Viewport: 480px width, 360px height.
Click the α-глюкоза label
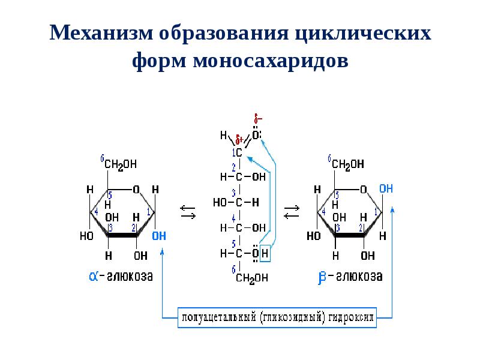(x=121, y=277)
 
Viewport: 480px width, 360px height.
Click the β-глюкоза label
(x=350, y=277)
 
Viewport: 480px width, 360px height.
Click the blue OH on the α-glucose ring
(x=159, y=236)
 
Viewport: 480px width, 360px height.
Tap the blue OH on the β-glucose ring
(x=386, y=188)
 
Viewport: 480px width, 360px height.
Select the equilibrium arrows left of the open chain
(x=188, y=211)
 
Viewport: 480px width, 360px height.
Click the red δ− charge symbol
(x=257, y=119)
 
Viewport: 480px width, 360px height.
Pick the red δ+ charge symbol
(x=238, y=139)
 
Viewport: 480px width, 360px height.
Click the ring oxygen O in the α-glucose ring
(x=136, y=190)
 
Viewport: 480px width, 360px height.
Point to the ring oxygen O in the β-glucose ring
(x=363, y=190)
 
